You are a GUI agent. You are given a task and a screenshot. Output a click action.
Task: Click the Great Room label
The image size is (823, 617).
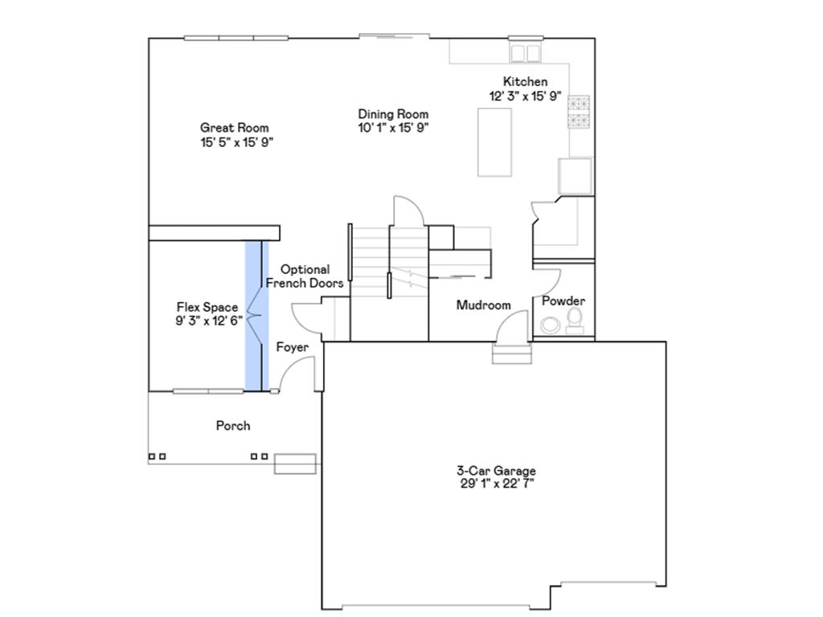234,128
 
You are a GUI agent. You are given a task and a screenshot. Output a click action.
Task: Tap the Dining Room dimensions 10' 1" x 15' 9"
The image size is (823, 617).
393,127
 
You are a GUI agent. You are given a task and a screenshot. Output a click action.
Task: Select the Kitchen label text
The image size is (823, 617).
525,82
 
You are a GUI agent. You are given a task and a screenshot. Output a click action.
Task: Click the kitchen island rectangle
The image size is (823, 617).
494,141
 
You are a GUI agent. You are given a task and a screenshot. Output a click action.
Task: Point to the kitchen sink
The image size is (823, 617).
526,53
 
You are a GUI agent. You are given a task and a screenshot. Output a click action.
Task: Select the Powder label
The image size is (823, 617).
563,301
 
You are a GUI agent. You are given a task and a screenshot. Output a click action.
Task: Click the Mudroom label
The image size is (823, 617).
484,305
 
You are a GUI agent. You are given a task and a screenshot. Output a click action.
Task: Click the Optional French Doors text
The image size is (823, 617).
305,276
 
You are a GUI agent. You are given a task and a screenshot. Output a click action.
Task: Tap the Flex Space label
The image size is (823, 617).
207,307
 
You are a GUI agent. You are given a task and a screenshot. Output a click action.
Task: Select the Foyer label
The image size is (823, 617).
293,348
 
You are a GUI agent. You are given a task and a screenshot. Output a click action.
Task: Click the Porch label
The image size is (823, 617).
233,426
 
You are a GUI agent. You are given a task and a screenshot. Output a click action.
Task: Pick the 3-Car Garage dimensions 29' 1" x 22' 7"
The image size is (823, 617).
496,484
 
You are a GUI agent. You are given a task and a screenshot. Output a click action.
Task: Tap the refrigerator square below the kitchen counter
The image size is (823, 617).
575,175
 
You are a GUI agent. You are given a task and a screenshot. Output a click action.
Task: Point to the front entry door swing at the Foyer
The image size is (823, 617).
299,374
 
